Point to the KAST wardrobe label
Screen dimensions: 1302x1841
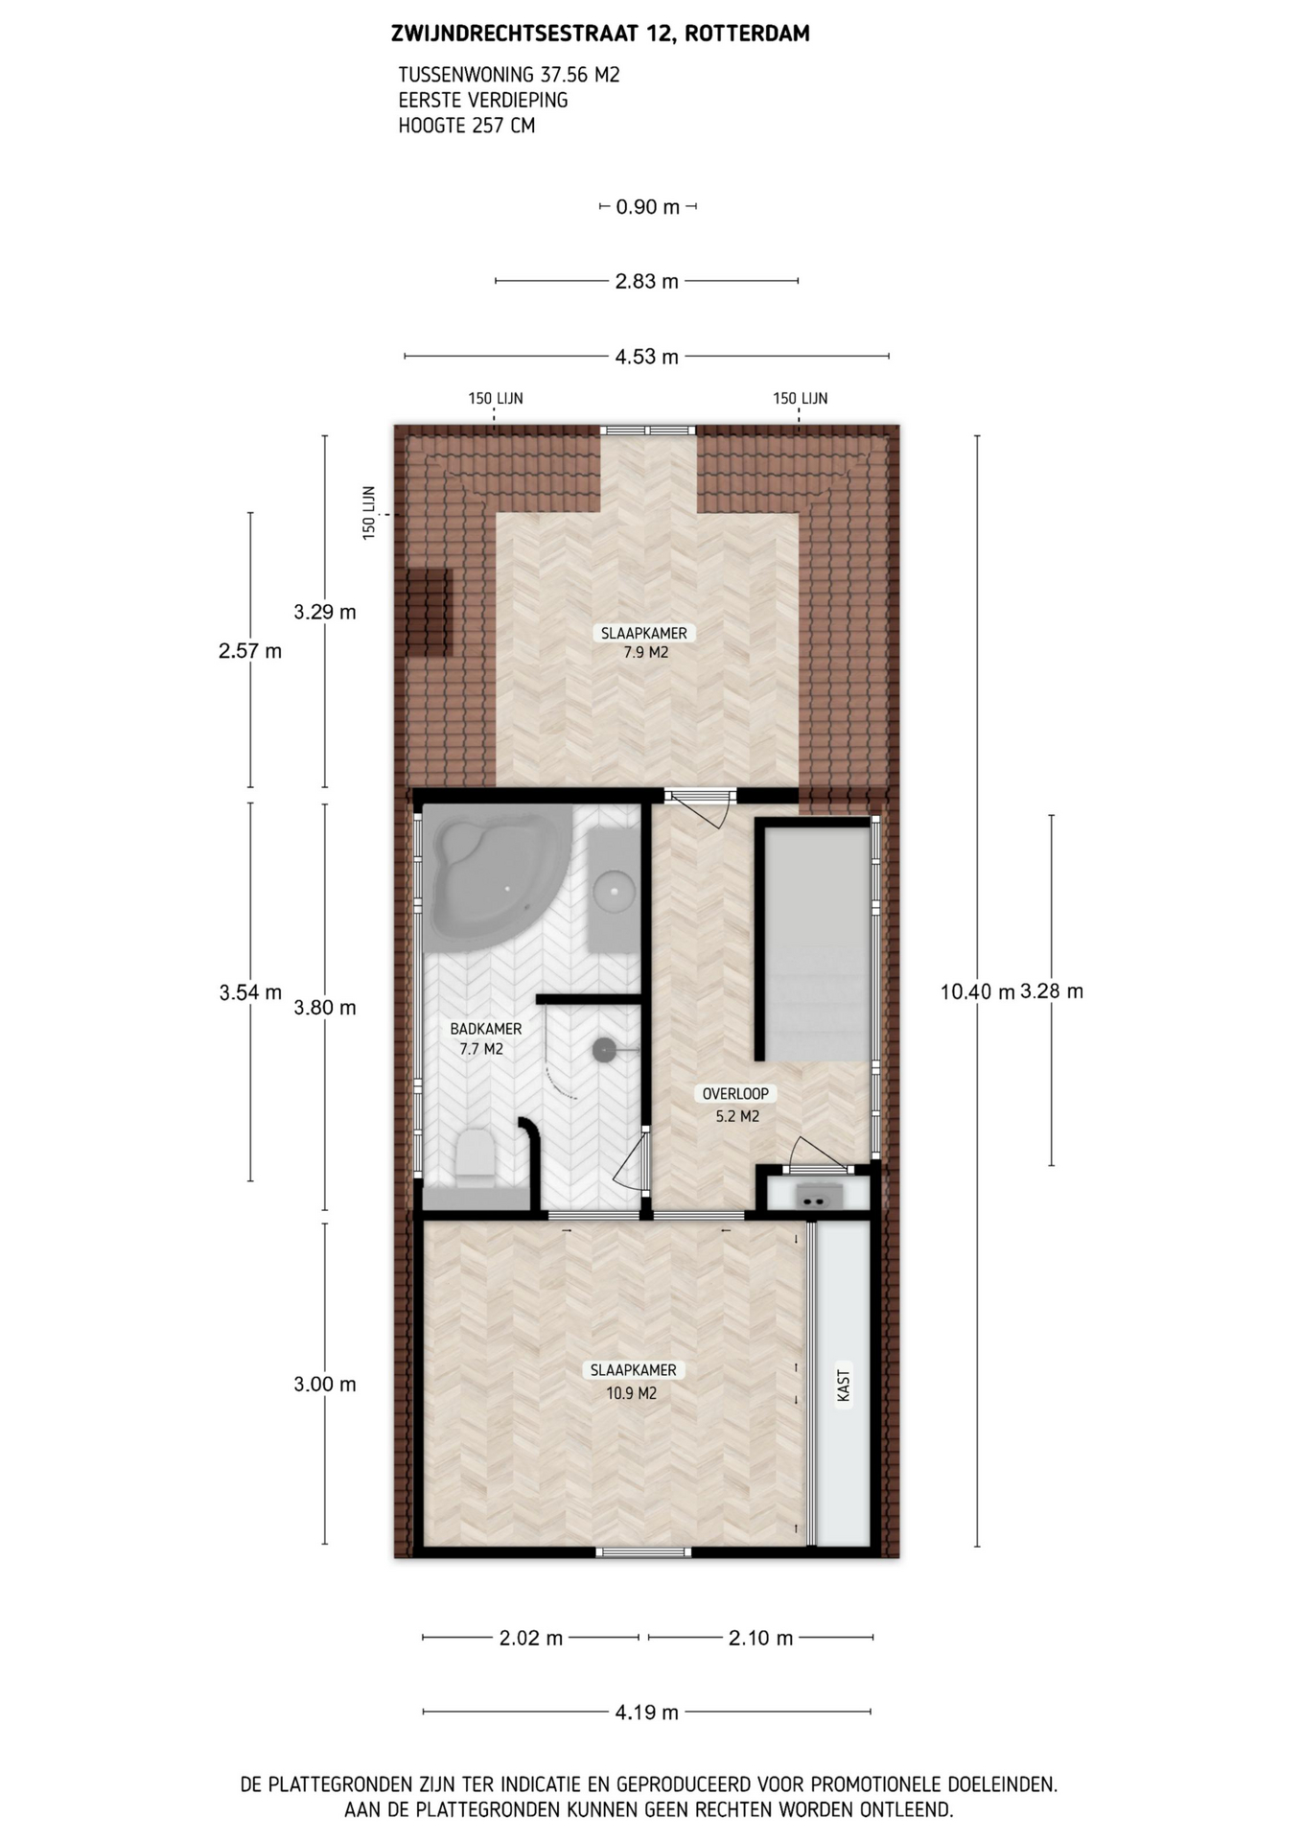point(844,1385)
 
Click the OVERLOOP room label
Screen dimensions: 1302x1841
point(735,1093)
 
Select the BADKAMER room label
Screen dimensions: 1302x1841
point(486,1029)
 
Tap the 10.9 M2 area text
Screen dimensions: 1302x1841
point(632,1393)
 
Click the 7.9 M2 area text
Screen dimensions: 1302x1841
point(645,652)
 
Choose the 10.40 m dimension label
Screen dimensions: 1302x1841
point(977,991)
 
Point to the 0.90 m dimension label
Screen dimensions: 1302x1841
point(648,206)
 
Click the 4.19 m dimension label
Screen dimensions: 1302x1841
point(647,1712)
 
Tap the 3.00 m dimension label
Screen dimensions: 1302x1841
point(325,1384)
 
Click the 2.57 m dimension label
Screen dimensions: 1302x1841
point(250,651)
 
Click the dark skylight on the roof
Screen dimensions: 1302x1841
point(427,613)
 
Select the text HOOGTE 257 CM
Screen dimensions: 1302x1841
point(467,125)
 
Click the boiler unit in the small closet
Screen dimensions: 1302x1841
point(818,1196)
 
